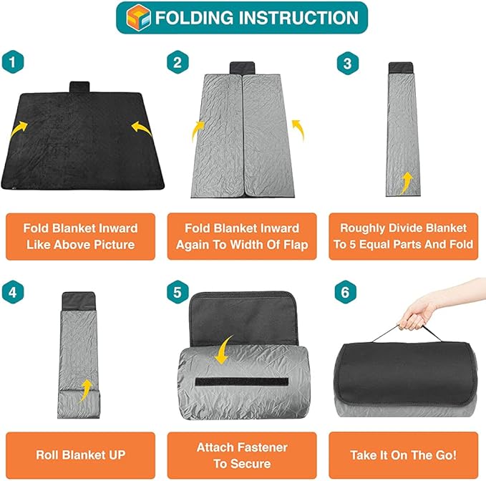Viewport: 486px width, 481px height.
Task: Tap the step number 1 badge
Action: coord(13,63)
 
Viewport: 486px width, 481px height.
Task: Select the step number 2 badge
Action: coord(178,63)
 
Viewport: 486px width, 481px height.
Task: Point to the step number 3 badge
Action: coord(347,63)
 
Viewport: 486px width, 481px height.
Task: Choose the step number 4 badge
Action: coord(13,292)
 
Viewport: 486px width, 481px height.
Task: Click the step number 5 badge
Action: coord(178,292)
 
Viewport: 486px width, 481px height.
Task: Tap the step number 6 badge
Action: coord(347,292)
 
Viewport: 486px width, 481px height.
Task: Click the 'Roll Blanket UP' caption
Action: coord(80,454)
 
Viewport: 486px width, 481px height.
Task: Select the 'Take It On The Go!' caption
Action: coord(403,454)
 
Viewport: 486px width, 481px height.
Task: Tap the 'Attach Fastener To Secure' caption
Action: coord(242,454)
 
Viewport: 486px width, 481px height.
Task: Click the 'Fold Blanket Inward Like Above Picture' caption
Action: coord(80,236)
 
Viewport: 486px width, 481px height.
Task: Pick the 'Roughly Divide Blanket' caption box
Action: coord(403,236)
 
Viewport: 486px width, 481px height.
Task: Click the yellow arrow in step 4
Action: coord(86,389)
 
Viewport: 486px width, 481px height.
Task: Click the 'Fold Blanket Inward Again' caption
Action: coord(242,236)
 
